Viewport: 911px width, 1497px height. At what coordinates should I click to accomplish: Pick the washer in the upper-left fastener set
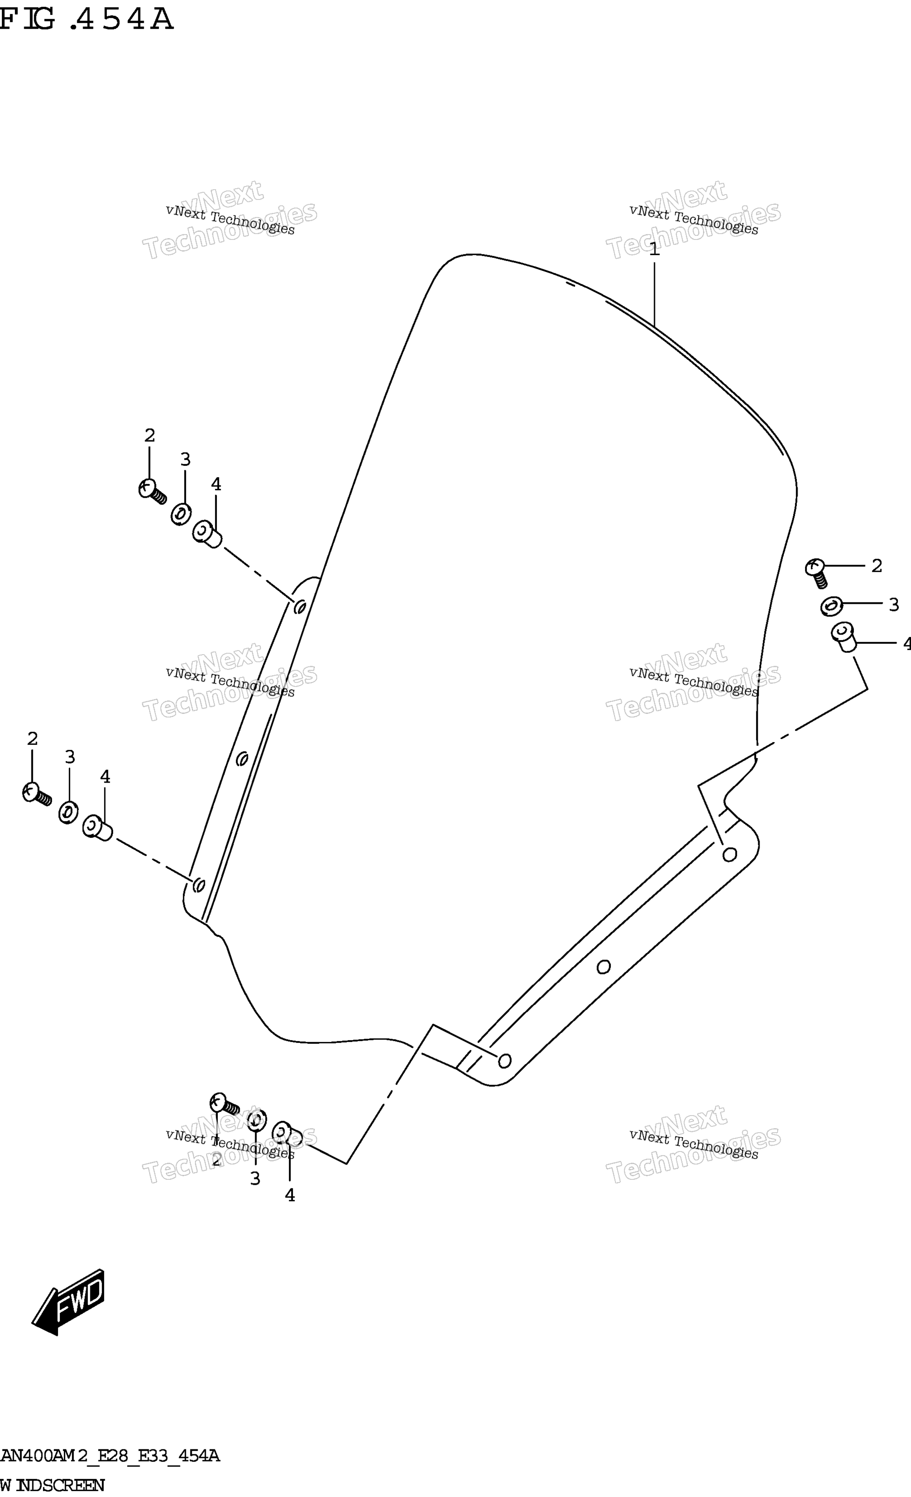[x=181, y=514]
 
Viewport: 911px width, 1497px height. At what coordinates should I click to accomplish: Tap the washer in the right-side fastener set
[x=831, y=606]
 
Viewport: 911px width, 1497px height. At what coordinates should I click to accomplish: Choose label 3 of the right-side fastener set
[x=893, y=605]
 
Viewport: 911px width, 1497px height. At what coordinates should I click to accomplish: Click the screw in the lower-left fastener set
[x=36, y=793]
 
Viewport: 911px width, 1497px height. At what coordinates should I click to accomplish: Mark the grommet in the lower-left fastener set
[x=97, y=828]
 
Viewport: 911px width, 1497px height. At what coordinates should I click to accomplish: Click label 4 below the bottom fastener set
[x=290, y=1195]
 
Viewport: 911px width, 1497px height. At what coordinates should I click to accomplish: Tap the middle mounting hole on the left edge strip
[x=242, y=758]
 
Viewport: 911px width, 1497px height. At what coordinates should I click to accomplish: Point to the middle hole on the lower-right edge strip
[x=603, y=966]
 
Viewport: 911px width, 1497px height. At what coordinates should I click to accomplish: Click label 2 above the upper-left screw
[x=150, y=435]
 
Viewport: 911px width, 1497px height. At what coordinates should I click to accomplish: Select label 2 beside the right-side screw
[x=876, y=566]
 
